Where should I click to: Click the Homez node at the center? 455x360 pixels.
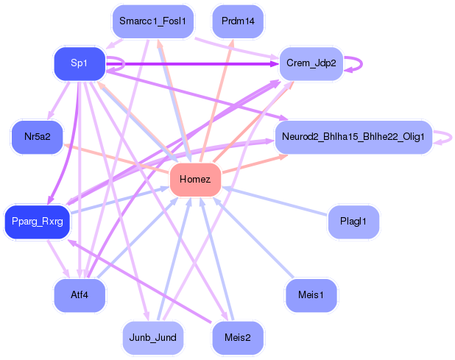(195, 180)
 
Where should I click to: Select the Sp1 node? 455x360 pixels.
(80, 63)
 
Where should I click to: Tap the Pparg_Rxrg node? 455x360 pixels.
(37, 222)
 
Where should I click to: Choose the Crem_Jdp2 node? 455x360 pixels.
(311, 63)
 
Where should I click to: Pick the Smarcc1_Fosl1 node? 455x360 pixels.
(153, 21)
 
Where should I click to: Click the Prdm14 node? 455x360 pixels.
(238, 21)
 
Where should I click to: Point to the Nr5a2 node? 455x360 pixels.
(37, 137)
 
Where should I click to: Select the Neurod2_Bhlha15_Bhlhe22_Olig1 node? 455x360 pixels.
(353, 137)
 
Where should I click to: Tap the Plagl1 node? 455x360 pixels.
(353, 222)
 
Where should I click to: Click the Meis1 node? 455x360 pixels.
(311, 295)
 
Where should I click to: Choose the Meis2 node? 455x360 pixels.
(238, 338)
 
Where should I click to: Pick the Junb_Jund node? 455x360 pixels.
(153, 338)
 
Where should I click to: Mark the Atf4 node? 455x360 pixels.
(80, 295)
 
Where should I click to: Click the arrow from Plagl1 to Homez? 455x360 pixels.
(275, 201)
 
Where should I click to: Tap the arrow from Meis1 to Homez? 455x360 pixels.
(253, 237)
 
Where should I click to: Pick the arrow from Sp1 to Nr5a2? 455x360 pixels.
(58, 101)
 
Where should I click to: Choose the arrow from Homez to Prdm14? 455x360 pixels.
(216, 100)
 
